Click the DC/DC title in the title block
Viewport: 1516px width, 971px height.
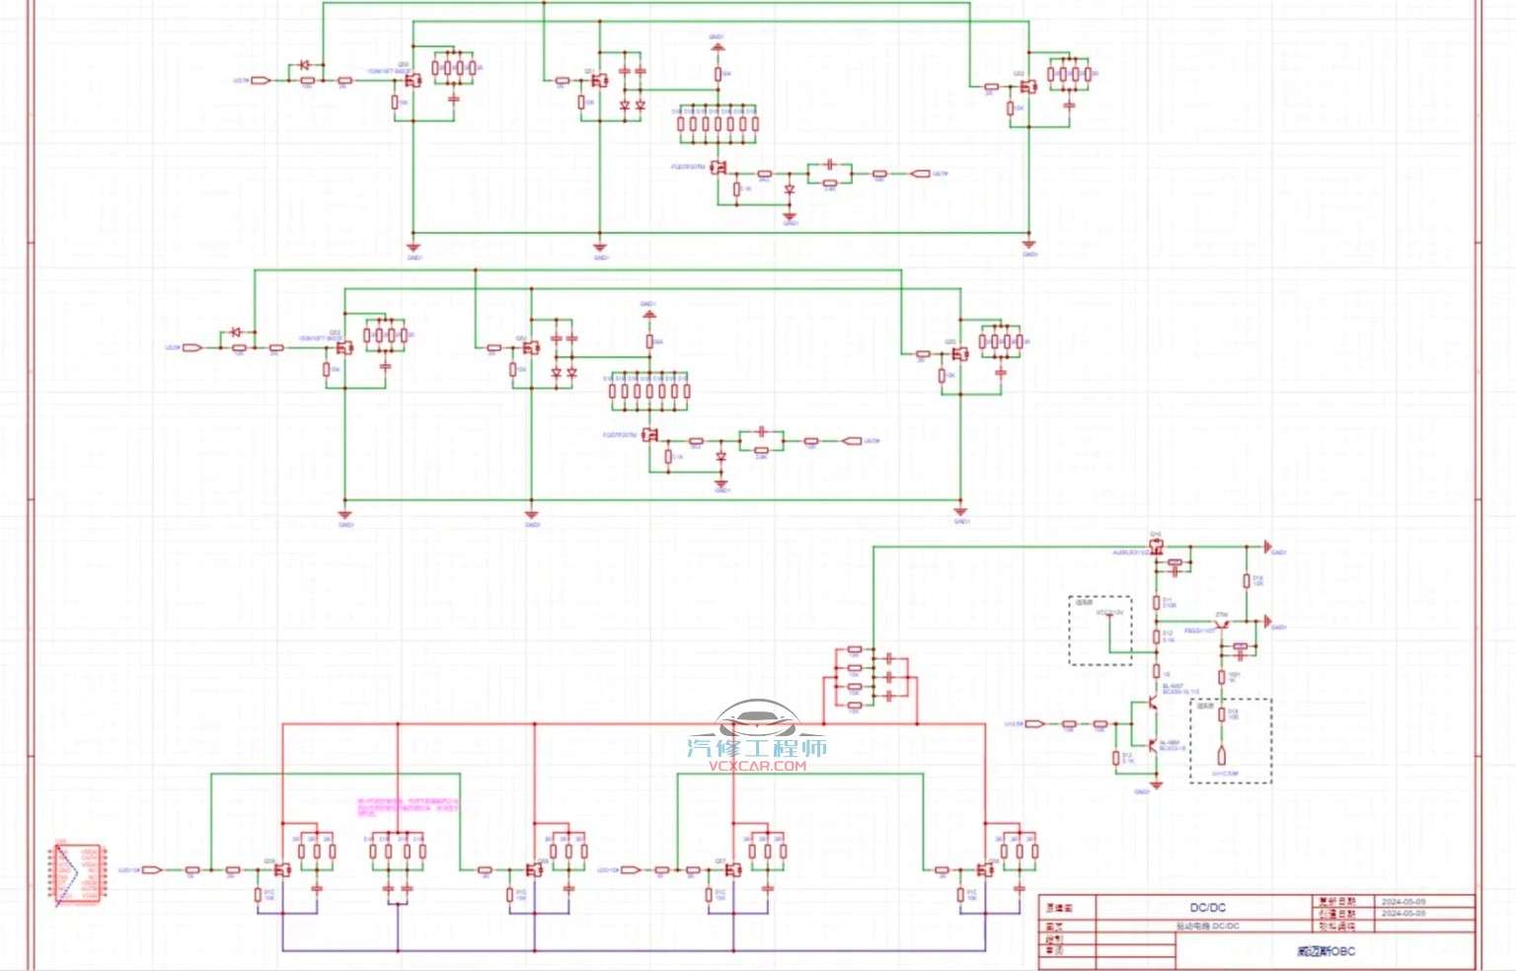tap(1207, 907)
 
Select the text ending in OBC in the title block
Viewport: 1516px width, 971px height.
tap(1326, 951)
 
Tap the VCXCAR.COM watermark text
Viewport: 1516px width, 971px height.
tap(757, 766)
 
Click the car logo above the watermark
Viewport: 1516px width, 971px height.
tap(755, 718)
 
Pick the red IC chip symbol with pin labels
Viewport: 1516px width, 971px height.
tap(78, 873)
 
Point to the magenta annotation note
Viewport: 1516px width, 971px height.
tap(407, 805)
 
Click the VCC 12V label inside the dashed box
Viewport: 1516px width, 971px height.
tap(1109, 614)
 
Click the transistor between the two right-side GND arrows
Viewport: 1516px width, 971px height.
tap(1221, 625)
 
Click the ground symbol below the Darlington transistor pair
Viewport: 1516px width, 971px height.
tap(1156, 784)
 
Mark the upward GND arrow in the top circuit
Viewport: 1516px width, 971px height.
tap(718, 46)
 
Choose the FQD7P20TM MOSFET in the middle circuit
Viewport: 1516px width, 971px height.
tap(650, 435)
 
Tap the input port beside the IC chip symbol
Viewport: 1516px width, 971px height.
tap(152, 869)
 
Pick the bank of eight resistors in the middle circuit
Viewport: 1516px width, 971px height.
tap(648, 392)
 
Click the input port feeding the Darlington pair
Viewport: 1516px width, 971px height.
tap(1034, 724)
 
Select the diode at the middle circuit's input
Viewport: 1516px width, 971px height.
tap(237, 333)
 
